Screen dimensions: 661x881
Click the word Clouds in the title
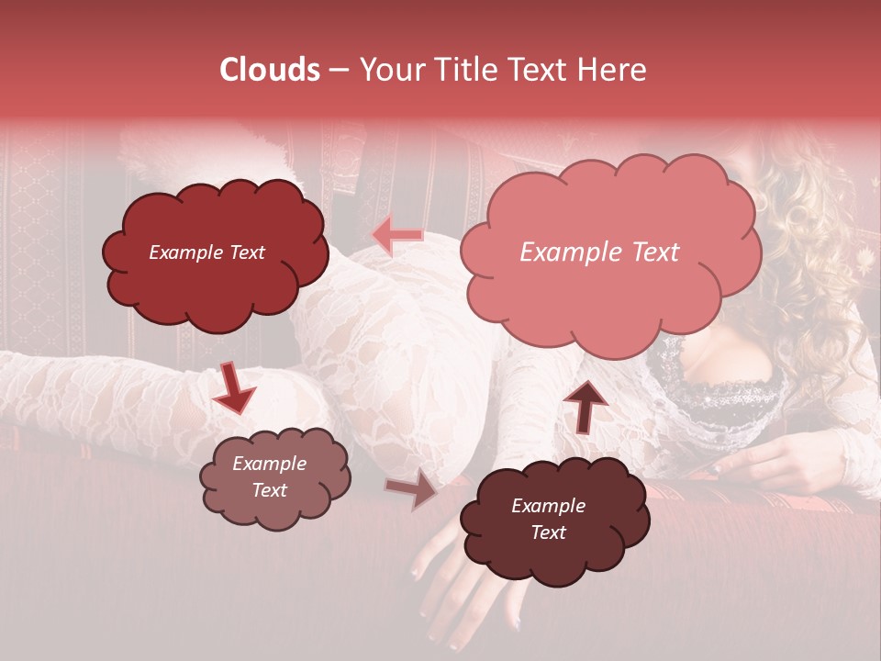[270, 70]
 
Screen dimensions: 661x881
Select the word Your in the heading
[389, 70]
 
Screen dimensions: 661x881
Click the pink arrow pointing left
[397, 235]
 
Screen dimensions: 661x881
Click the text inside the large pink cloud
[599, 252]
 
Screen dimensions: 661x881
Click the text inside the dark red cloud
[206, 252]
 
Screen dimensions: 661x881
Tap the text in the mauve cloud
[269, 476]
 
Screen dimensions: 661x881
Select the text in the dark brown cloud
[548, 519]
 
